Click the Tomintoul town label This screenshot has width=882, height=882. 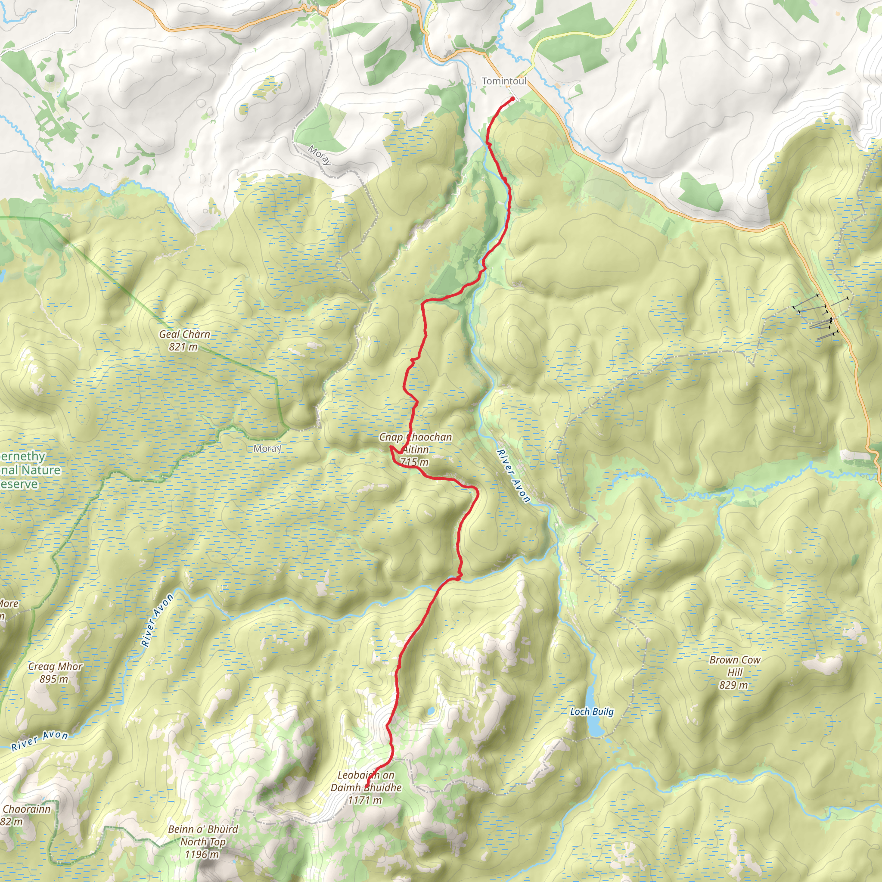coord(504,81)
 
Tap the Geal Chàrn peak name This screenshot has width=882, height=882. coord(184,334)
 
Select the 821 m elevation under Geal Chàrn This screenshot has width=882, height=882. coord(183,347)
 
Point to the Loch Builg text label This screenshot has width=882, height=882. coord(592,711)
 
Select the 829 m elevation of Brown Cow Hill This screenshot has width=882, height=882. coord(733,685)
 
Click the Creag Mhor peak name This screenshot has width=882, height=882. coord(55,666)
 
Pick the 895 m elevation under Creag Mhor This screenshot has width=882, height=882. coord(53,679)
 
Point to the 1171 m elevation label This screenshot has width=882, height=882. coord(364,800)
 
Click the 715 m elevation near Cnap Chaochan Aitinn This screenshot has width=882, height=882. coord(415,462)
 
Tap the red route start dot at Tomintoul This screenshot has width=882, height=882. coord(512,99)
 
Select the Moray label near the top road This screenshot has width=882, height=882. coord(319,155)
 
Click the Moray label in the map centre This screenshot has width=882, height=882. coord(267,448)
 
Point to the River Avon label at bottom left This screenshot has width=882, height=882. coord(40,740)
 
